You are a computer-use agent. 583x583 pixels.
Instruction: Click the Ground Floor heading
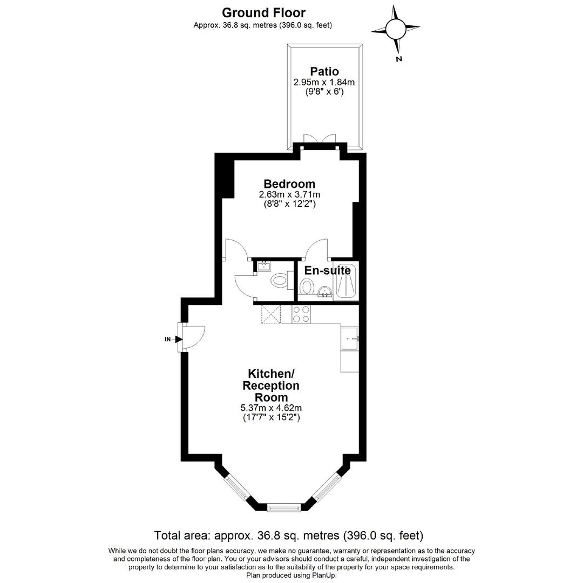pos(263,12)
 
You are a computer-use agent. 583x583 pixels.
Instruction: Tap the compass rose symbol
pos(395,29)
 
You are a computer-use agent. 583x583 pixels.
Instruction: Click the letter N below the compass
pos(399,59)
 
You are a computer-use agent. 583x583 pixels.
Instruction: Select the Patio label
pos(324,71)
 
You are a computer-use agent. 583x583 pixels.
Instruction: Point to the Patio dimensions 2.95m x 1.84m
pos(324,82)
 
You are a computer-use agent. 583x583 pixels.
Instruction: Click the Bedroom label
pos(289,184)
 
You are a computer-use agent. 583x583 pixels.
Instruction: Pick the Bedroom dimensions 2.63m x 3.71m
pos(289,194)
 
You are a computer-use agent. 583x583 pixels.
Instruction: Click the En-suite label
pos(327,270)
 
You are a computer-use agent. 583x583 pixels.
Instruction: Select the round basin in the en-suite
pos(325,292)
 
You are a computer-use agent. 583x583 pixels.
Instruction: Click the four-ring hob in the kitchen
pos(301,314)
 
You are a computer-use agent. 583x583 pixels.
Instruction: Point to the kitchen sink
pos(349,338)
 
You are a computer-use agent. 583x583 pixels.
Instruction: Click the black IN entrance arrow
pos(179,339)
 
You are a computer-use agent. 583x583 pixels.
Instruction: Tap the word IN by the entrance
pos(168,339)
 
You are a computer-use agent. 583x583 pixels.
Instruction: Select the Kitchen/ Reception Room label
pos(270,385)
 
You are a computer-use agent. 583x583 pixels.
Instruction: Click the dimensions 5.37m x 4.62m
pos(271,408)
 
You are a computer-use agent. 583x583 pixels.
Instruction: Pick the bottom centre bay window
pos(284,507)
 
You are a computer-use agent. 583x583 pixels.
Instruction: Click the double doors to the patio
pos(320,138)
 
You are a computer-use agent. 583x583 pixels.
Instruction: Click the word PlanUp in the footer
pos(325,575)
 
